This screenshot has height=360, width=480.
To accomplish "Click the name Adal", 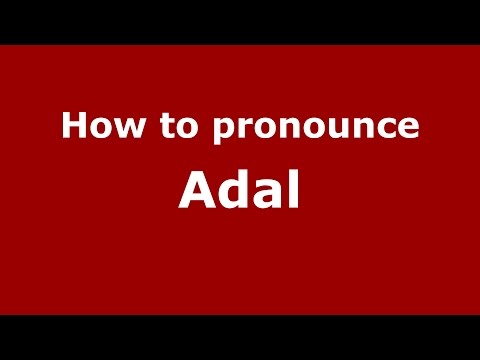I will [240, 190].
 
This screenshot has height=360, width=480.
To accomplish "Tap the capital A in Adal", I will [197, 190].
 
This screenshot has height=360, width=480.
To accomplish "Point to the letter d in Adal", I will [235, 190].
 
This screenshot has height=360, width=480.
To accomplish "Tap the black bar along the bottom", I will [240, 337].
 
